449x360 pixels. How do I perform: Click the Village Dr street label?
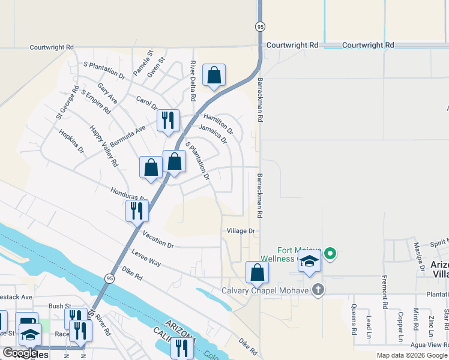click(x=241, y=230)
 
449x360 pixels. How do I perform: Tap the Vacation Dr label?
click(x=158, y=245)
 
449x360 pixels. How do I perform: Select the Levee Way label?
click(x=146, y=260)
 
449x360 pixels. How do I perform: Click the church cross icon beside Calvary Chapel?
click(x=318, y=290)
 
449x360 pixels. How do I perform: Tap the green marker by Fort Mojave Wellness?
click(x=330, y=254)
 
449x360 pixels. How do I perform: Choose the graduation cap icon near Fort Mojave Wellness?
click(x=309, y=262)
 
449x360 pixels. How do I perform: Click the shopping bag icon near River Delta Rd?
click(x=214, y=76)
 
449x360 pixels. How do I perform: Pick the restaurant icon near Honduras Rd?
click(x=137, y=211)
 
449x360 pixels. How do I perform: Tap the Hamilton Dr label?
click(x=218, y=123)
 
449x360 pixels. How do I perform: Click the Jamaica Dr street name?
click(x=212, y=134)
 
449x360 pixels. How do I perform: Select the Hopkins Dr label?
click(x=71, y=142)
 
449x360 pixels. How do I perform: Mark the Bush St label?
click(x=60, y=306)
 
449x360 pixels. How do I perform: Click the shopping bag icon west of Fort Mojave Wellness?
click(x=257, y=272)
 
